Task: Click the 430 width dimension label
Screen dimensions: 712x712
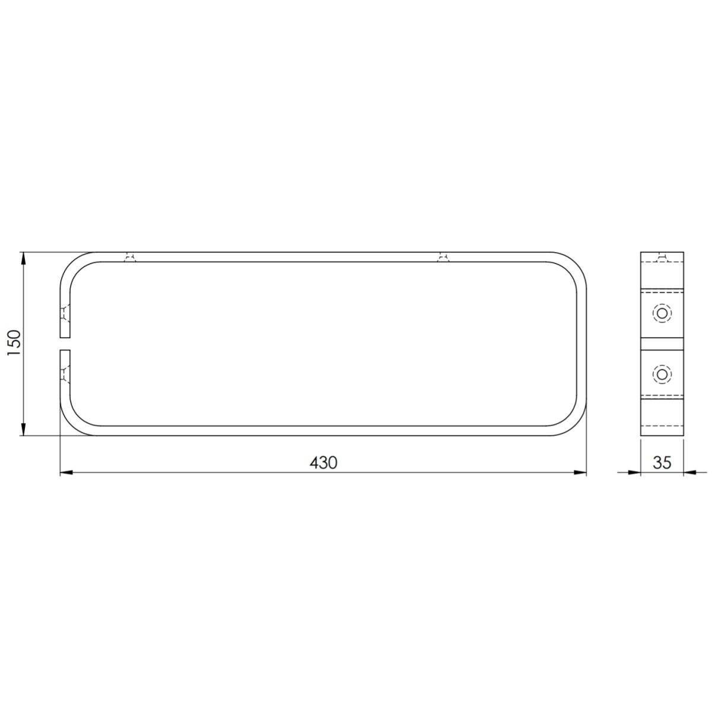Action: [323, 463]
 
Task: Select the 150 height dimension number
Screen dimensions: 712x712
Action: [15, 344]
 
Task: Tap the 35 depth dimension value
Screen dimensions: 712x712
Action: [662, 463]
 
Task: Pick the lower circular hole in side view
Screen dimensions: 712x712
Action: [662, 374]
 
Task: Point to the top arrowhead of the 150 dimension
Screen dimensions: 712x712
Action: [23, 258]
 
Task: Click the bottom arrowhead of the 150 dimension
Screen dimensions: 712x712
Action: [23, 429]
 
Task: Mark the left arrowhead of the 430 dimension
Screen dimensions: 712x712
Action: [66, 472]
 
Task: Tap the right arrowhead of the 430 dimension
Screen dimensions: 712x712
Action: [580, 472]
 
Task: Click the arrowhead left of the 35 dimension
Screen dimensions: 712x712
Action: [634, 472]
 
